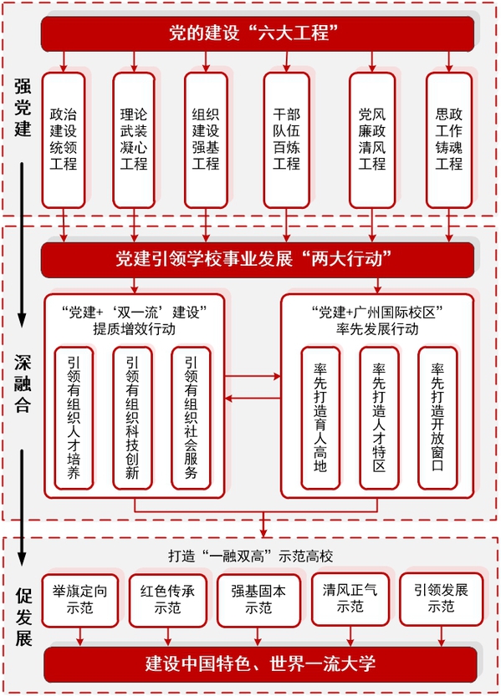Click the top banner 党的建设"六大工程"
tap(258, 33)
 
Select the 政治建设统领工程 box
tap(64, 140)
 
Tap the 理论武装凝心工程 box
tap(134, 140)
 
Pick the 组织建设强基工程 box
tap(206, 140)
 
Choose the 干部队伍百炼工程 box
tap(287, 140)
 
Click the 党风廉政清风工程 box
tap(372, 140)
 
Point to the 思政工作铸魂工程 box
tap(449, 140)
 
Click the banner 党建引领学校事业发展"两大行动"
tap(258, 260)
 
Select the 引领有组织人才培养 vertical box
tap(74, 418)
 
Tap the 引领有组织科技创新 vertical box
tap(132, 418)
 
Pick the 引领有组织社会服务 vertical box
tap(191, 418)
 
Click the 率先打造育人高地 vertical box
tap(320, 418)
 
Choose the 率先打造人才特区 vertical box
tap(379, 418)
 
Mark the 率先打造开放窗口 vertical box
tap(437, 418)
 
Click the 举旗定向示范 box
tap(80, 600)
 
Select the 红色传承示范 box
tap(168, 600)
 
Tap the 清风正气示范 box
tap(350, 599)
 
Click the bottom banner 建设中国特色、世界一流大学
tap(260, 664)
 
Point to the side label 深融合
tap(23, 384)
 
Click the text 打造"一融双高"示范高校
tap(251, 556)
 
